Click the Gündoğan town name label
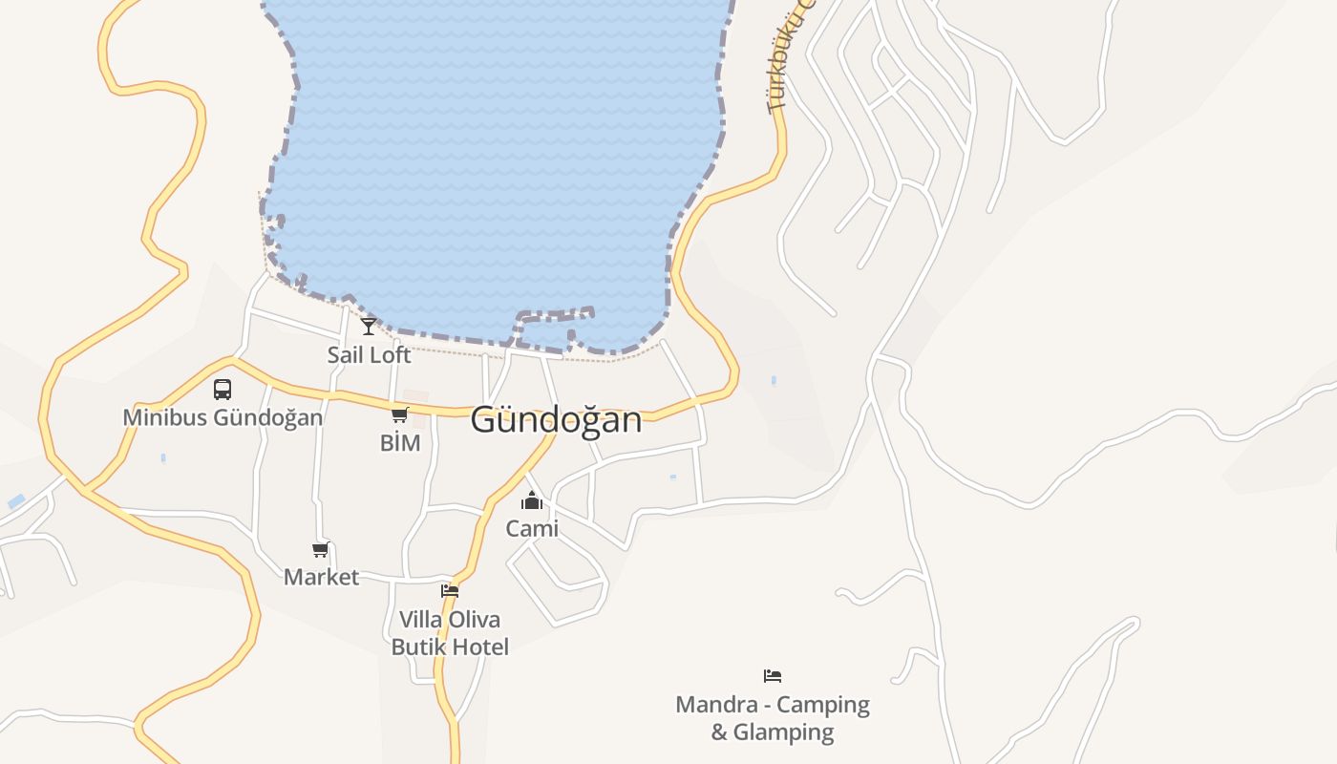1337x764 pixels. pyautogui.click(x=556, y=420)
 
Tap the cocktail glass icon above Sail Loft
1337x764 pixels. pyautogui.click(x=369, y=326)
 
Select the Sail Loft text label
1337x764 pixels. pyautogui.click(x=369, y=354)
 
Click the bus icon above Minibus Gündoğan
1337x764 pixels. pyautogui.click(x=223, y=390)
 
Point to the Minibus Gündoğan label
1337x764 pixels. pyautogui.click(x=223, y=417)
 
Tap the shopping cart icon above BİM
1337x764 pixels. pyautogui.click(x=400, y=414)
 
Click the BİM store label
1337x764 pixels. pyautogui.click(x=400, y=443)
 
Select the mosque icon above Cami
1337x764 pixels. pyautogui.click(x=532, y=500)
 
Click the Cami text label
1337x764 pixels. pyautogui.click(x=532, y=528)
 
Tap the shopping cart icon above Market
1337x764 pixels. pyautogui.click(x=321, y=549)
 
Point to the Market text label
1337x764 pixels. pyautogui.click(x=321, y=577)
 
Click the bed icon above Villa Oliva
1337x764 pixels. pyautogui.click(x=450, y=591)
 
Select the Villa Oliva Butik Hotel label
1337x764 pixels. pyautogui.click(x=450, y=633)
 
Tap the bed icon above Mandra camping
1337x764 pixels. pyautogui.click(x=773, y=676)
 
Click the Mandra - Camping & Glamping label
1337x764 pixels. pyautogui.click(x=773, y=718)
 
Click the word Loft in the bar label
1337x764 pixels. pyautogui.click(x=391, y=354)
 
